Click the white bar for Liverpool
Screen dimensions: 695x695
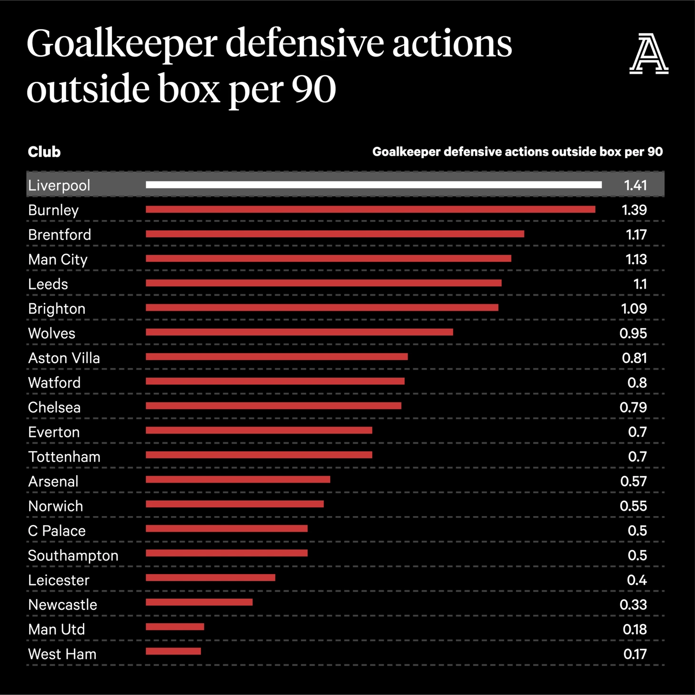pos(374,185)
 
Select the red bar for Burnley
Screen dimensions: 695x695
pos(370,209)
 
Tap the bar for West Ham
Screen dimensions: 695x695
pos(173,651)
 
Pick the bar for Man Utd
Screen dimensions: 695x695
pos(175,627)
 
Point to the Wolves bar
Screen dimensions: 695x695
pos(299,332)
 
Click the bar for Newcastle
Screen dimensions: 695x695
pos(199,602)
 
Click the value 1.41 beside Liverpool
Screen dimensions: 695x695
pos(635,185)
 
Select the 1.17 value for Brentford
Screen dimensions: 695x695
pos(635,235)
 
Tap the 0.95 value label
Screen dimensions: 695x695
pos(633,333)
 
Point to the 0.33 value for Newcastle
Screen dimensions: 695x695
pos(633,605)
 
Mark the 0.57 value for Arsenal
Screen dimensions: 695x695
pos(633,481)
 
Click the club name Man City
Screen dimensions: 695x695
pos(58,259)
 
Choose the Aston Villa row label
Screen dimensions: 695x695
pos(64,358)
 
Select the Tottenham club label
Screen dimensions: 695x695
pos(64,457)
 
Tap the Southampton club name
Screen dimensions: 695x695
pos(73,556)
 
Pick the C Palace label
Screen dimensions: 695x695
pos(57,531)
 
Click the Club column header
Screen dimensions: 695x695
pos(44,152)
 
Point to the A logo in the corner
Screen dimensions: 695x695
pos(648,53)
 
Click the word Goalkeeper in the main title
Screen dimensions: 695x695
pos(121,44)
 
